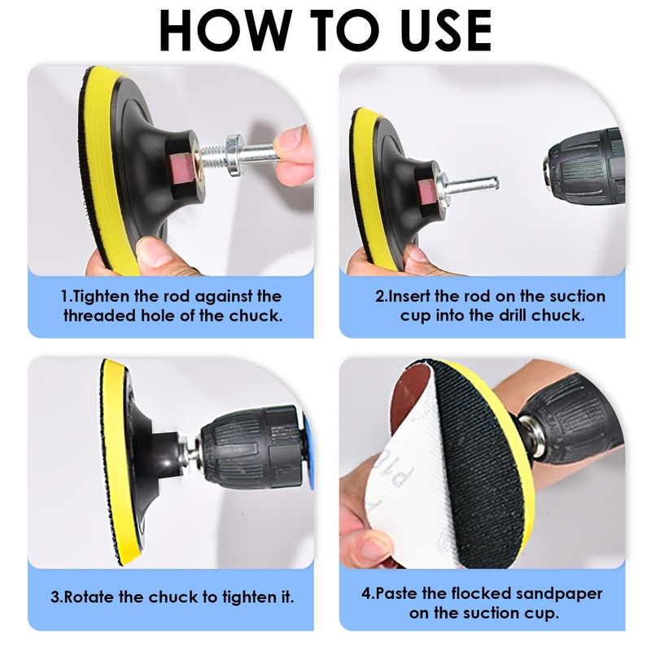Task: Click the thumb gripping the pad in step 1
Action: point(155,252)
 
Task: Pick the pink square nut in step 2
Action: point(426,192)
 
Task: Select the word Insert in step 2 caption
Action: point(409,296)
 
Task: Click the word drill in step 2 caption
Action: point(513,316)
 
